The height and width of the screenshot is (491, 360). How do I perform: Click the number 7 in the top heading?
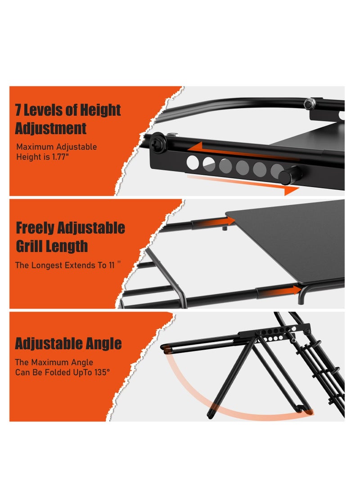pyautogui.click(x=19, y=110)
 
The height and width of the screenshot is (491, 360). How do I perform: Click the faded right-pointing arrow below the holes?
pyautogui.click(x=243, y=185)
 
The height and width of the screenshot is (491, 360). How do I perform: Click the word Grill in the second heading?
pyautogui.click(x=29, y=246)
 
